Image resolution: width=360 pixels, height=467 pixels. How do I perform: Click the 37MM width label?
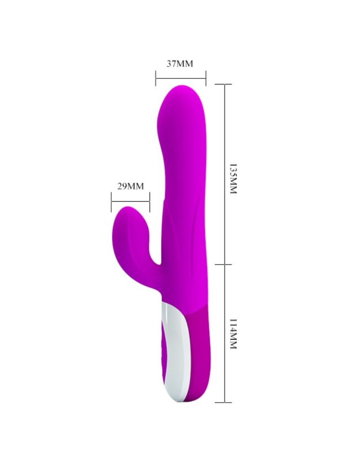180,64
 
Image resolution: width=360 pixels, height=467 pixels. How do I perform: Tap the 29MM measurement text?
130,186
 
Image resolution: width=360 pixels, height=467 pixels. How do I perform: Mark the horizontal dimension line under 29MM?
130,201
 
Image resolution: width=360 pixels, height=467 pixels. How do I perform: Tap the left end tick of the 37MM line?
155,78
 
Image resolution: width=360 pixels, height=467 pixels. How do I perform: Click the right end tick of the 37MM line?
205,78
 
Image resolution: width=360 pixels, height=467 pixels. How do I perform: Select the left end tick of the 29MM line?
112,201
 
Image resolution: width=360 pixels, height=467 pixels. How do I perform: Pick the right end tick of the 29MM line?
149,201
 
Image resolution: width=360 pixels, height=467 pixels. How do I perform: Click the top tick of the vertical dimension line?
225,84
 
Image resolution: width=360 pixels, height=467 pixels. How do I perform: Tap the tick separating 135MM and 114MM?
225,263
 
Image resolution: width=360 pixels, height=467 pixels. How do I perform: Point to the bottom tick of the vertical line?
225,402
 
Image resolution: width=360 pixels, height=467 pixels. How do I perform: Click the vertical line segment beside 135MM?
225,173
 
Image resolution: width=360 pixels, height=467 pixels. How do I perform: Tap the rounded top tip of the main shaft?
182,91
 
